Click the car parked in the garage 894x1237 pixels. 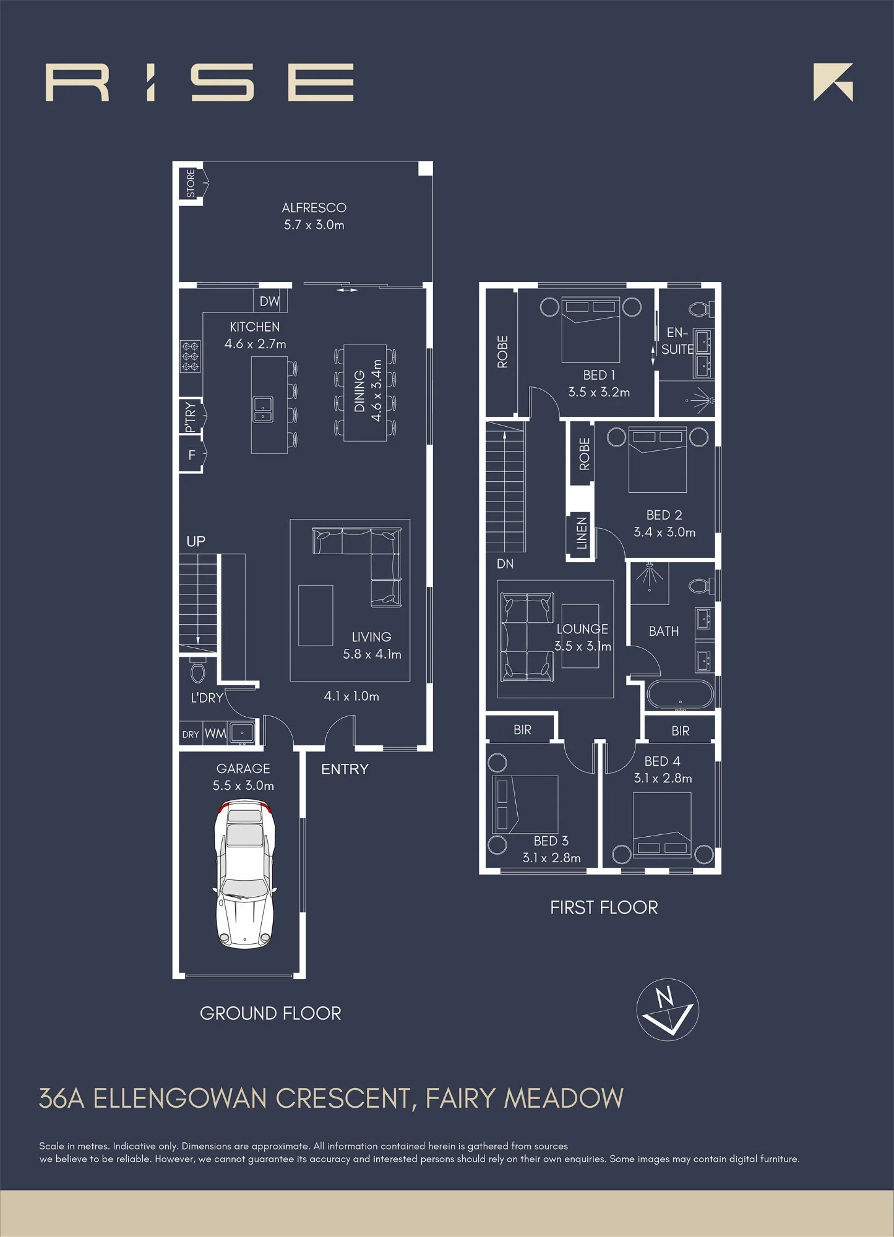tap(245, 874)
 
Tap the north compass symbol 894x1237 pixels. tap(668, 1009)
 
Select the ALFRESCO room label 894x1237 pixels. tap(314, 208)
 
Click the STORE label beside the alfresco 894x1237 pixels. tap(191, 184)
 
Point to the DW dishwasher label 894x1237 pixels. tap(269, 301)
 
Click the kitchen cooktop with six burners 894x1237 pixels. tap(191, 356)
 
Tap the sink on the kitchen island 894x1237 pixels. tap(263, 409)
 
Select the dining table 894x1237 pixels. tap(365, 393)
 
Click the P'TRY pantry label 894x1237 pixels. tap(190, 417)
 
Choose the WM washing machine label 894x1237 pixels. tap(215, 734)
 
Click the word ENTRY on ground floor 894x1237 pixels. tap(345, 769)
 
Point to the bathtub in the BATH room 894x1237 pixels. tap(680, 695)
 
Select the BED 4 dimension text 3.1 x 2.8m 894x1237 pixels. tap(663, 778)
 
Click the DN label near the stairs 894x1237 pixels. tap(505, 563)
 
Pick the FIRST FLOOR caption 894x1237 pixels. tap(604, 907)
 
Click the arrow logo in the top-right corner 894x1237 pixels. tap(833, 82)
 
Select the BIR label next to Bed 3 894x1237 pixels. tap(522, 730)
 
